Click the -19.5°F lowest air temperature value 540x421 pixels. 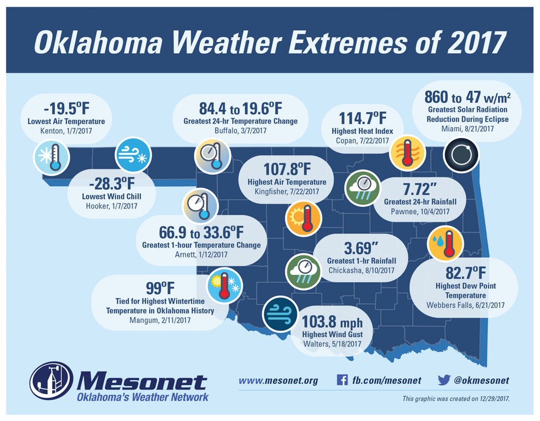pyautogui.click(x=65, y=106)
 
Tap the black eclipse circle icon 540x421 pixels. pyautogui.click(x=461, y=155)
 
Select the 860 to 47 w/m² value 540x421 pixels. pyautogui.click(x=468, y=98)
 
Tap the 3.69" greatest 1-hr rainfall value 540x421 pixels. pyautogui.click(x=361, y=248)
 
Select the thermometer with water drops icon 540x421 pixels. pyautogui.click(x=446, y=243)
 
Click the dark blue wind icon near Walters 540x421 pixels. pyautogui.click(x=280, y=315)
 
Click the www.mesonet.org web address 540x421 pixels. pyautogui.click(x=278, y=380)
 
